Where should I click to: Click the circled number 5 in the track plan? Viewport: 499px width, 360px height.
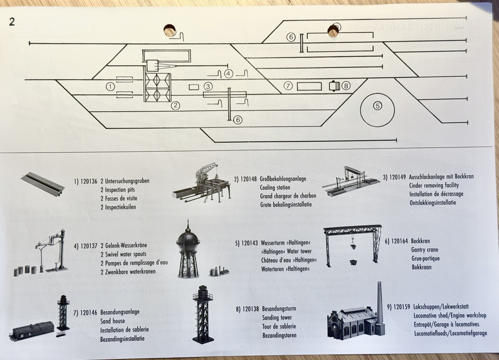(377, 106)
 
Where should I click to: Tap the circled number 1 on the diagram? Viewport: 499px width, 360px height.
(110, 87)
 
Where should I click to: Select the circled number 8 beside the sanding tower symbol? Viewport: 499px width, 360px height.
(346, 86)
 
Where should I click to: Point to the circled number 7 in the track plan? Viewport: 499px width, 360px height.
(288, 86)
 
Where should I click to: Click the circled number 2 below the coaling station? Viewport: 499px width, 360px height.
(175, 105)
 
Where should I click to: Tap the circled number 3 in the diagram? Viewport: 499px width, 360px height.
(208, 86)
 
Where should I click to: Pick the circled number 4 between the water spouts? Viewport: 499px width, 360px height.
(228, 74)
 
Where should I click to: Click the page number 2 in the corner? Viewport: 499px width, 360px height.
(12, 22)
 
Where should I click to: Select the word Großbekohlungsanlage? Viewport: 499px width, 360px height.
(283, 179)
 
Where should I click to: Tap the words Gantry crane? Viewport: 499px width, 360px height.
(424, 250)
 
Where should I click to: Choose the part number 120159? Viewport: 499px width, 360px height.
(401, 307)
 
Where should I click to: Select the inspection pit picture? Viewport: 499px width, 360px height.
(43, 183)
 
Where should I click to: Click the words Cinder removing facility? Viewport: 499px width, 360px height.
(434, 185)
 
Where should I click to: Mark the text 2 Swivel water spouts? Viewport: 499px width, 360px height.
(123, 254)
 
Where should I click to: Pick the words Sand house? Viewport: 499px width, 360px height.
(113, 321)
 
